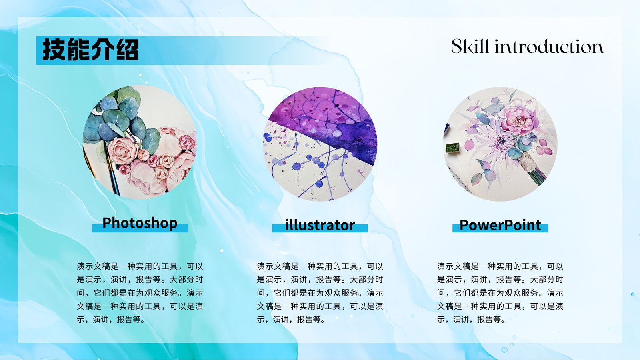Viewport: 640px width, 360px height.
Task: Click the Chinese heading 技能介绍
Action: (x=90, y=50)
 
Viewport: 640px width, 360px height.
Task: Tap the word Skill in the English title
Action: (x=470, y=46)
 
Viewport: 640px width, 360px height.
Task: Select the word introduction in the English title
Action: (x=550, y=47)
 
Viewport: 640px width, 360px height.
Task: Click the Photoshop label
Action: (x=140, y=223)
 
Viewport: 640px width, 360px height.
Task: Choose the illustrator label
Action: (x=320, y=225)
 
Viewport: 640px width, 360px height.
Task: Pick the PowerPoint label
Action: (x=500, y=225)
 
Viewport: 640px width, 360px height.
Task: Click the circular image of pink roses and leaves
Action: (x=140, y=142)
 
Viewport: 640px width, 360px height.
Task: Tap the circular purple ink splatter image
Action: (x=320, y=144)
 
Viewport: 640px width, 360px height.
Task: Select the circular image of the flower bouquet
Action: (x=500, y=144)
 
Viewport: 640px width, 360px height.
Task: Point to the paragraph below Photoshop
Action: (x=140, y=293)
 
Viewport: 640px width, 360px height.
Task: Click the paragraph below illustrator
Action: (x=320, y=293)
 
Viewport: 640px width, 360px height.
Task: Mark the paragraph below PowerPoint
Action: (x=500, y=293)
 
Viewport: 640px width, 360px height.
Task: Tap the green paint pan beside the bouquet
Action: (x=452, y=148)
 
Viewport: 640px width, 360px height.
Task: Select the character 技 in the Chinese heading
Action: (x=54, y=50)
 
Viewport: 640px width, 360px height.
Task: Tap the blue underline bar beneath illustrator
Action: (x=320, y=228)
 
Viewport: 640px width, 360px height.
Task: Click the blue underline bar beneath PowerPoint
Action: (x=500, y=228)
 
